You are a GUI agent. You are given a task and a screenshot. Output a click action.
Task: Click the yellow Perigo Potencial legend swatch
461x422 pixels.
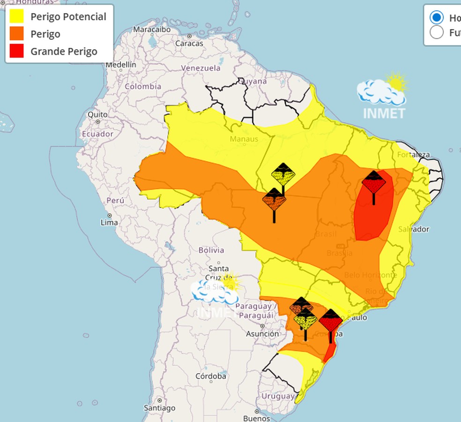click(x=16, y=16)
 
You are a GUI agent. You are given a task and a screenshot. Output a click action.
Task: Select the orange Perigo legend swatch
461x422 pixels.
click(x=16, y=34)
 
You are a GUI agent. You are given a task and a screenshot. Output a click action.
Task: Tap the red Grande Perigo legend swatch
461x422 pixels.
click(x=16, y=51)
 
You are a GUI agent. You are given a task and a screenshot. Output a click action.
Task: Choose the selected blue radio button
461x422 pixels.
click(x=437, y=18)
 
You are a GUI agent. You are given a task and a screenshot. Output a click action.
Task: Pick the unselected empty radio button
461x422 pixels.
click(x=437, y=32)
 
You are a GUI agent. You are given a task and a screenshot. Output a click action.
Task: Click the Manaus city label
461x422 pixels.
click(x=244, y=139)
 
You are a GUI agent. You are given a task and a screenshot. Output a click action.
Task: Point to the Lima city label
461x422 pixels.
click(x=109, y=222)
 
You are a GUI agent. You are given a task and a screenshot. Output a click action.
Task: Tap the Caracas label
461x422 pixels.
click(x=189, y=43)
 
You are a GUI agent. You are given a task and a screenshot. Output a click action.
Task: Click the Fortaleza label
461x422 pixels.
click(x=413, y=155)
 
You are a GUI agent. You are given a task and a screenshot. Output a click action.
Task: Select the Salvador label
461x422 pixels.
click(x=414, y=229)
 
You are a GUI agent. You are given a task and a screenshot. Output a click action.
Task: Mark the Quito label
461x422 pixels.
click(x=97, y=114)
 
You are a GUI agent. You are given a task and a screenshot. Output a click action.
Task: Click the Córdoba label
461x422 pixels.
click(x=211, y=376)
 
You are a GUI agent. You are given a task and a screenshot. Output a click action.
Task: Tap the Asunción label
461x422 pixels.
click(x=262, y=334)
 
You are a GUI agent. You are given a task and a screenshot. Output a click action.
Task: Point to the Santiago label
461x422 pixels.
click(x=160, y=408)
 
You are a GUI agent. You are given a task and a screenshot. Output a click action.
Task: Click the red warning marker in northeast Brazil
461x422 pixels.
click(x=373, y=183)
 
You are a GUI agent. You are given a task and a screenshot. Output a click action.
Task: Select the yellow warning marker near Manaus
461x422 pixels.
click(x=283, y=175)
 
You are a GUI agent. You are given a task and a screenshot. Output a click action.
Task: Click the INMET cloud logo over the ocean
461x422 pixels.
click(x=382, y=94)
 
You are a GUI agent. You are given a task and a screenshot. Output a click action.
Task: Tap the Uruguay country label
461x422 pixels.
click(x=278, y=396)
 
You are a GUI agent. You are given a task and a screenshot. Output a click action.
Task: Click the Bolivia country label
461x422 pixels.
click(x=211, y=250)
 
